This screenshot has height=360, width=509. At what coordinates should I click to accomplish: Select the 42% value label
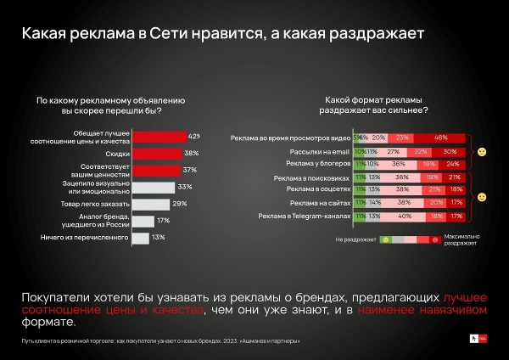pyautogui.click(x=194, y=136)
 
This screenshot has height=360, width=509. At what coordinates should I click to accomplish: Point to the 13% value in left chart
pyautogui.click(x=158, y=238)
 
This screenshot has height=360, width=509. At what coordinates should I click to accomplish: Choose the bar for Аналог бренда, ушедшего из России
pyautogui.click(x=142, y=221)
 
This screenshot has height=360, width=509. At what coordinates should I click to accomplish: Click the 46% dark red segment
pyautogui.click(x=440, y=138)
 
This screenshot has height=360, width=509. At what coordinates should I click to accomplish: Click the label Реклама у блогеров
pyautogui.click(x=316, y=163)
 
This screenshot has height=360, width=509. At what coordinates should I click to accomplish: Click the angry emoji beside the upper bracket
pyautogui.click(x=481, y=151)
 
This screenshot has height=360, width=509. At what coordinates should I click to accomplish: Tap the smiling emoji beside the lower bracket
pyautogui.click(x=481, y=197)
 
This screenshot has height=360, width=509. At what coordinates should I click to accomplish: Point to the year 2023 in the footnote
pyautogui.click(x=204, y=340)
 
